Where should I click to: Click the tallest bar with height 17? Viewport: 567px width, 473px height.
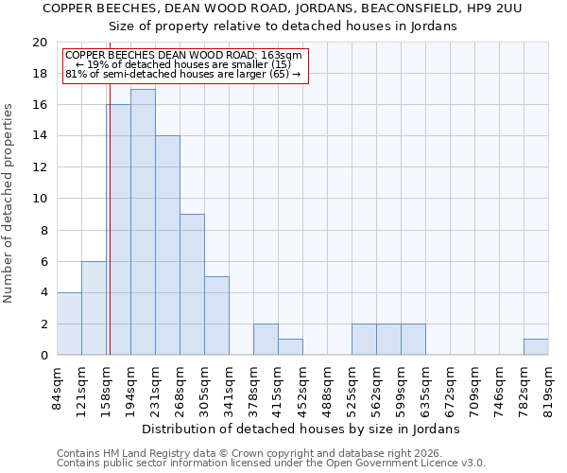(143, 222)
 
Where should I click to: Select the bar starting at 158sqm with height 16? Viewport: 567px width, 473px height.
(119, 230)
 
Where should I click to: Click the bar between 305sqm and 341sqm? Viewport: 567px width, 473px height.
(216, 316)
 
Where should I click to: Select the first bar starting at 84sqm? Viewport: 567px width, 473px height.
(69, 324)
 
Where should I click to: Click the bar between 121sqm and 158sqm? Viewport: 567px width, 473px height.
(94, 308)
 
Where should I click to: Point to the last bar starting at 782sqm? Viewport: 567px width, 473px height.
(536, 347)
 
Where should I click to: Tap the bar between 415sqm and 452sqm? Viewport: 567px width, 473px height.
(290, 347)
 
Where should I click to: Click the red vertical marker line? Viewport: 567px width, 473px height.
(110, 236)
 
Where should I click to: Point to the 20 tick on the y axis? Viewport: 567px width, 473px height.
(39, 43)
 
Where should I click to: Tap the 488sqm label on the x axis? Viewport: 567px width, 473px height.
(328, 387)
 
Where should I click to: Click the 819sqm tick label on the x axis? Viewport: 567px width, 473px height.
(549, 387)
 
